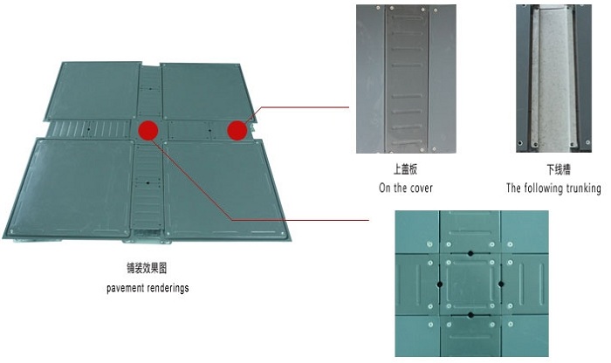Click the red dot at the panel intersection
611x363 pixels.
pos(148,130)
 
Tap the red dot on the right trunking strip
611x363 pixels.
pos(237,130)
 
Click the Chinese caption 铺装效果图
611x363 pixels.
pos(148,268)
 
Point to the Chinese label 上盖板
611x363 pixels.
pos(405,169)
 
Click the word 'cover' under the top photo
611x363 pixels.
pos(422,188)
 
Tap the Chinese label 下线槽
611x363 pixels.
pos(559,170)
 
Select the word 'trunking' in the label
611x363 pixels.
pos(583,188)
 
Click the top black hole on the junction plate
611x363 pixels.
pos(470,254)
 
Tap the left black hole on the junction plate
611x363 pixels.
pos(440,284)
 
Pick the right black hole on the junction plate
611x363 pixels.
pos(501,284)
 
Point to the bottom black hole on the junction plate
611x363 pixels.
pos(470,315)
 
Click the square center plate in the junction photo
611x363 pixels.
pos(470,284)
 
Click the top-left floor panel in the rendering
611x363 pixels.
pos(93,91)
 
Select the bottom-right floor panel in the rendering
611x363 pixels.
pos(226,189)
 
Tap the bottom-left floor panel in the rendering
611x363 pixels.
pos(69,188)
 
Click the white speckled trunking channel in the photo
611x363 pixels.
pos(554,77)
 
